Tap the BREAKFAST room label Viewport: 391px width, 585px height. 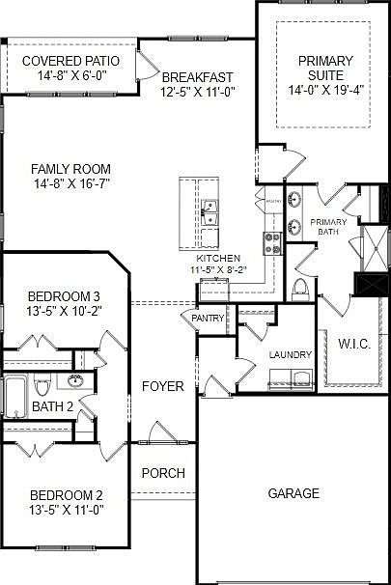point(198,77)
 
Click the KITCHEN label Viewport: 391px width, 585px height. point(218,260)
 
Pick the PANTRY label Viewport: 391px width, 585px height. point(208,318)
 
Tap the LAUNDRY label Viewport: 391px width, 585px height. point(291,355)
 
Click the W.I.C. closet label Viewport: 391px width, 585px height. point(355,343)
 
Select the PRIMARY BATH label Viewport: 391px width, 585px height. point(327,227)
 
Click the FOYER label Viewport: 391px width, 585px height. point(162,386)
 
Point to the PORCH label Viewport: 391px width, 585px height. point(162,473)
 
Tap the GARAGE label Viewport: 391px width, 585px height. point(293,493)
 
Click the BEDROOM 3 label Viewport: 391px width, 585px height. point(64,295)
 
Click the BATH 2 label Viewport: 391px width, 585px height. point(53,406)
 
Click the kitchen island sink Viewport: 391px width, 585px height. point(209,209)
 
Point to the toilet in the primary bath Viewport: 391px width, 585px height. point(299,287)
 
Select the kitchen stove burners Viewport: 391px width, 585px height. point(272,242)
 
